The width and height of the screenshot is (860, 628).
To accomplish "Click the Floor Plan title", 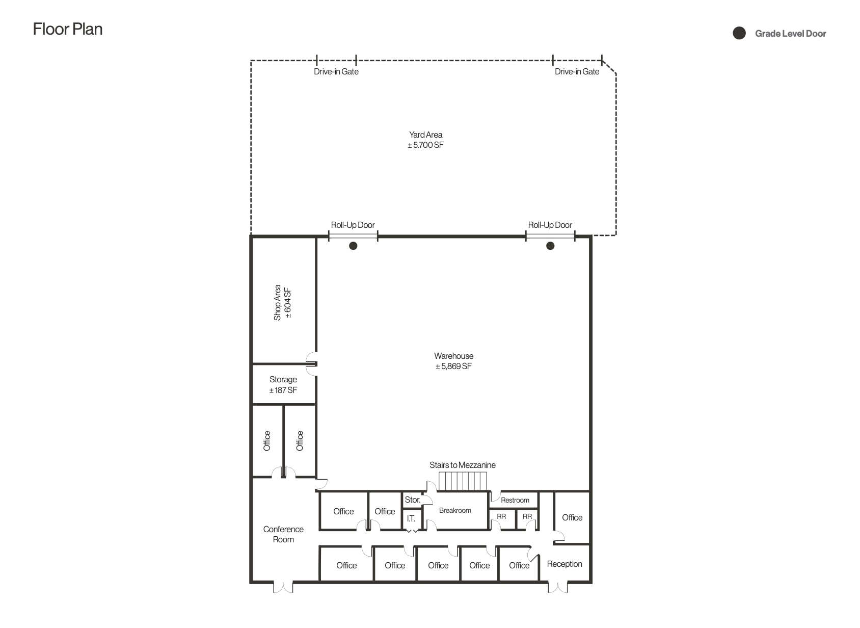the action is (68, 29).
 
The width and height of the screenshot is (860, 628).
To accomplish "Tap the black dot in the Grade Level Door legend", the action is (739, 34).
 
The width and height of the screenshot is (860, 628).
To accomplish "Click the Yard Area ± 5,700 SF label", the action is (425, 140).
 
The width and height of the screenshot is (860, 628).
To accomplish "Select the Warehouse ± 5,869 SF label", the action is (453, 361).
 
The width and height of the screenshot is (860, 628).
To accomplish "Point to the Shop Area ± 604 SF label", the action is (282, 303).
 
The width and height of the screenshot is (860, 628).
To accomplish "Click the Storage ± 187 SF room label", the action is (283, 385).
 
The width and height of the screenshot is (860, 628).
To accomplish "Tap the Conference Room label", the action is (283, 534).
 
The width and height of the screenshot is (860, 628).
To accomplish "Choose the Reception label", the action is (565, 564).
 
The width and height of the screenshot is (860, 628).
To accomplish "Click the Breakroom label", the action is (455, 510).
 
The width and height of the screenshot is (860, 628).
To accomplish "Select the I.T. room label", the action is (411, 518).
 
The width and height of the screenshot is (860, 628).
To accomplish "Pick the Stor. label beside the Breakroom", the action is (412, 500).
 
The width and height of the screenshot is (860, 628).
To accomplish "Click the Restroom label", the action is (515, 500).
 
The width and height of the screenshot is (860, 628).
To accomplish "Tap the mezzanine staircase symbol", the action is (463, 481).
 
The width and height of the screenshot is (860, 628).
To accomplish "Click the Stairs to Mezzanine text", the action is (462, 465).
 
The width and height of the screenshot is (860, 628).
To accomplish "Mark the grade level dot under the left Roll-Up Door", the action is (353, 246).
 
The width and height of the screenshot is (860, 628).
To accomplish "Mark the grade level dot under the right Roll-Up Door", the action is (550, 246).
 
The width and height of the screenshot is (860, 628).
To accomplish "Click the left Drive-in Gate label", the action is (336, 71).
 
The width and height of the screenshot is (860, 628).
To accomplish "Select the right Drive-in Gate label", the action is (577, 71).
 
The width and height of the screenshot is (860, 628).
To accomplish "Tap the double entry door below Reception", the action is (558, 587).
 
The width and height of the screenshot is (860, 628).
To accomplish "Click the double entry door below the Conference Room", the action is (283, 587).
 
